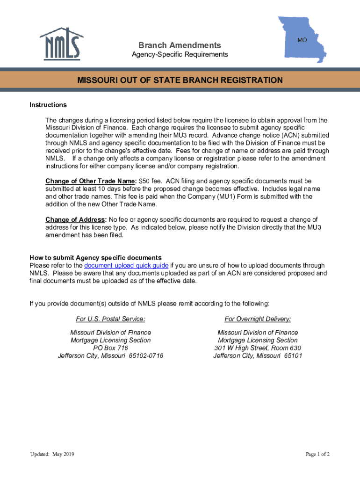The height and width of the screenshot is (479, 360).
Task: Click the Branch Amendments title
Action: click(x=180, y=45)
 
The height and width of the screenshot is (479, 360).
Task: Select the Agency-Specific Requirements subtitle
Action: click(x=180, y=55)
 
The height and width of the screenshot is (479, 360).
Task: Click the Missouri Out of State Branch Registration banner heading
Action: click(x=180, y=80)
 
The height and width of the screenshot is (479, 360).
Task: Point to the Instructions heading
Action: click(x=48, y=105)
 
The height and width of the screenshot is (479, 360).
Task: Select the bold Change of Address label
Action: click(x=76, y=219)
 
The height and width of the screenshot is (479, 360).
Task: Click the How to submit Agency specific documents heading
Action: click(x=95, y=258)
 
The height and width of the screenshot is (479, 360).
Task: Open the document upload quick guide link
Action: click(x=126, y=265)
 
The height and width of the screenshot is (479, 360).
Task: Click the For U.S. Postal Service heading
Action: click(x=110, y=319)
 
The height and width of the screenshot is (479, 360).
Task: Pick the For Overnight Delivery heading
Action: click(x=258, y=319)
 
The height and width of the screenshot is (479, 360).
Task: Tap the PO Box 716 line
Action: click(x=110, y=348)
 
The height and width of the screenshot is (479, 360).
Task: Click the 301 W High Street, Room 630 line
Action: click(x=258, y=348)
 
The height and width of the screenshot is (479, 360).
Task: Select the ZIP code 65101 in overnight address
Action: click(x=293, y=356)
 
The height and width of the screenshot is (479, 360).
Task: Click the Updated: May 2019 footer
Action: click(x=52, y=454)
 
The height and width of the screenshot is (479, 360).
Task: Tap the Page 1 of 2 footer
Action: click(x=318, y=454)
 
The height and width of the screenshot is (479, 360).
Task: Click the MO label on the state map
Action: click(x=302, y=40)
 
